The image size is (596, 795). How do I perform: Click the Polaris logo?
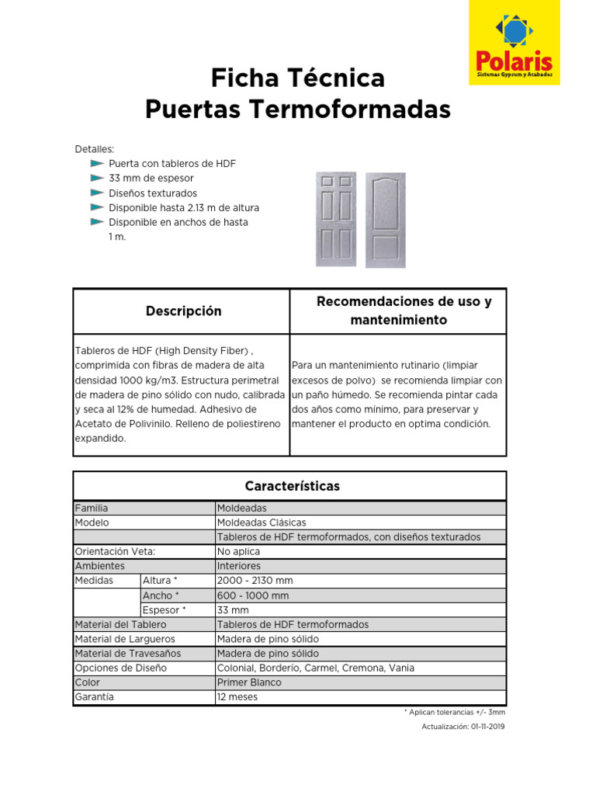pos(514,43)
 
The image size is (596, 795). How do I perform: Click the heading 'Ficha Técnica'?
pos(298,78)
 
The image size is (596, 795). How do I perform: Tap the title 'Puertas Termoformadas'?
pos(298,110)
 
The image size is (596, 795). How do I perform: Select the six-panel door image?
pos(336,219)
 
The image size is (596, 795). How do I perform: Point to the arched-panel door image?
pos(386,220)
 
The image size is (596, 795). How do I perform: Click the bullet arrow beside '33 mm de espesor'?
pos(96,179)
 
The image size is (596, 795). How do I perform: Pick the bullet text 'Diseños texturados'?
pos(153,193)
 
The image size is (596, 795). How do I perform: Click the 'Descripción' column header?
pos(183,311)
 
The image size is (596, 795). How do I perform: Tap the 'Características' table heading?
pos(292,487)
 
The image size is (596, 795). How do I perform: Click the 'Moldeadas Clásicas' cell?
pos(262,522)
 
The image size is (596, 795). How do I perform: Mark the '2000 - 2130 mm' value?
pos(255,581)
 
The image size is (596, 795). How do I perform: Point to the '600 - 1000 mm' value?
pos(253,595)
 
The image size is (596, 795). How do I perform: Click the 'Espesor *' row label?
pos(165,610)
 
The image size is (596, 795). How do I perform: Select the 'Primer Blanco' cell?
pos(249,682)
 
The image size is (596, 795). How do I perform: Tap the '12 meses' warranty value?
pos(237,697)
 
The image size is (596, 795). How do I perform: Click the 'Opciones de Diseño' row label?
pos(120,668)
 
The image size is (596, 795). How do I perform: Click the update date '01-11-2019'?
pos(487,727)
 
